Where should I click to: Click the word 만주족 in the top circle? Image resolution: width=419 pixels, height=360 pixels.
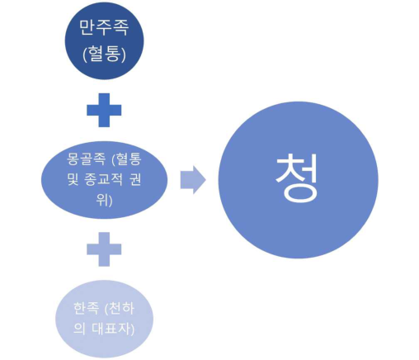click(x=104, y=27)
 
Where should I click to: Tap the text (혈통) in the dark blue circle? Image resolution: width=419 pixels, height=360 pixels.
click(x=104, y=54)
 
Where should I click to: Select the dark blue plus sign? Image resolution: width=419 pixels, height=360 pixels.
click(x=104, y=110)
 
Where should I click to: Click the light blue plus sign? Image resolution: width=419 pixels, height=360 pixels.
click(x=104, y=249)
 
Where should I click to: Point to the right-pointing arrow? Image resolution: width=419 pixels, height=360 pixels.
click(x=193, y=180)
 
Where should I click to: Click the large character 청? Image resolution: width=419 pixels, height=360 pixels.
click(x=297, y=178)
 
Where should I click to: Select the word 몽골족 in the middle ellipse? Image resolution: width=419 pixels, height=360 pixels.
click(x=86, y=159)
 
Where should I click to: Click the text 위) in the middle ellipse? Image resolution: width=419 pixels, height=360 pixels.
click(x=104, y=200)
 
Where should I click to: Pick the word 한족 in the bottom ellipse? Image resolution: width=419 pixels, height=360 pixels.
click(x=86, y=308)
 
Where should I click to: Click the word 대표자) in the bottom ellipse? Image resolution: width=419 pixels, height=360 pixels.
click(x=113, y=329)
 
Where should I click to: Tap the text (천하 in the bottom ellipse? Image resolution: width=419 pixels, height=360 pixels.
click(x=120, y=308)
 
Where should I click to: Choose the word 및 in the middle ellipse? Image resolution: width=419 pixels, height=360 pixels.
click(x=73, y=179)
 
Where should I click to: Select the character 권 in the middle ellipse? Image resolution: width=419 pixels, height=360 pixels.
click(x=135, y=179)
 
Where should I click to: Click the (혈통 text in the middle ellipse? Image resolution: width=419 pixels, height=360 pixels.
click(x=126, y=159)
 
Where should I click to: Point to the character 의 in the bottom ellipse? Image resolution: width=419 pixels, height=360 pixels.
click(x=79, y=329)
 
